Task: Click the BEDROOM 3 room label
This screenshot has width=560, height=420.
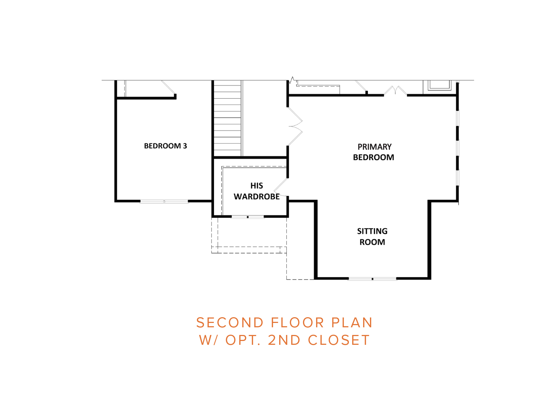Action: [165, 146]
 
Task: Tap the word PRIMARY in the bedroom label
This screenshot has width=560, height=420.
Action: [375, 147]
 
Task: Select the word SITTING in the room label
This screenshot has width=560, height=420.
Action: [372, 231]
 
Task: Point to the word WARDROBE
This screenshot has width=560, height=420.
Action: [256, 197]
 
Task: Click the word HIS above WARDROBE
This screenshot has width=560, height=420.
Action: [256, 186]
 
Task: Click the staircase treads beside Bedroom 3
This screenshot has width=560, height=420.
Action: [227, 118]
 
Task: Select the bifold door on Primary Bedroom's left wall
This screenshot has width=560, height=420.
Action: [295, 126]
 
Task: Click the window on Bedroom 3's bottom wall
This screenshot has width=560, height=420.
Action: [164, 202]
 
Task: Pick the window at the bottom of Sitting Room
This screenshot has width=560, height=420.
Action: [372, 279]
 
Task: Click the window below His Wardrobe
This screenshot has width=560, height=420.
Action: [248, 217]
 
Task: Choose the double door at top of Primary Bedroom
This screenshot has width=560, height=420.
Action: [395, 91]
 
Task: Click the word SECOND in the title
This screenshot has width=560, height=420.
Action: [230, 323]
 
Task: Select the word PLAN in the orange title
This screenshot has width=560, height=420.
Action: [352, 323]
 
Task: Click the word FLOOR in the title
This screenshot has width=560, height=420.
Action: [297, 323]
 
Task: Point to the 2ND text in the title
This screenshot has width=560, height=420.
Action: [284, 340]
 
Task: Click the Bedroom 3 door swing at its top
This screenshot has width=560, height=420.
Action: [168, 87]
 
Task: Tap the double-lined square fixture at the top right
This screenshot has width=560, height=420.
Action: [439, 85]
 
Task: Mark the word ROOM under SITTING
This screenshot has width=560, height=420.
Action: [372, 242]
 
